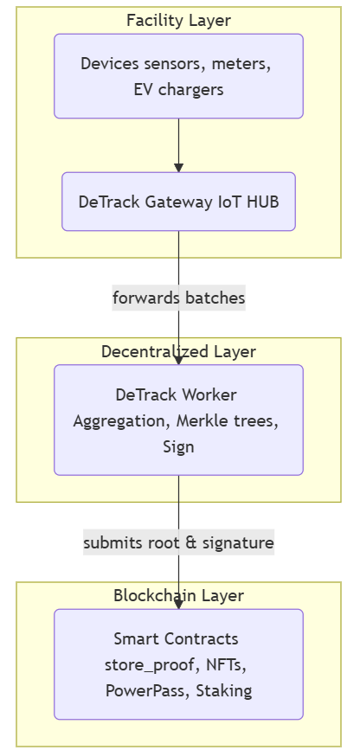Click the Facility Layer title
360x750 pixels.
178,21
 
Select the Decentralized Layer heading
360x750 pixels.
178,351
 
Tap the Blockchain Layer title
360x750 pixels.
178,595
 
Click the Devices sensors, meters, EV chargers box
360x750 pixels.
178,76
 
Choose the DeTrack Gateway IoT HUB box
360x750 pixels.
178,202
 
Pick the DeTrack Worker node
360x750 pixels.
178,420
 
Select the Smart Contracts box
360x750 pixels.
178,663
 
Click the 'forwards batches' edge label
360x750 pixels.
178,298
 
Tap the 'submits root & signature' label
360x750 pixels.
178,542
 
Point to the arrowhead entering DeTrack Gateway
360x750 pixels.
178,168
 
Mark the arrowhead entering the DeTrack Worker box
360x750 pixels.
178,360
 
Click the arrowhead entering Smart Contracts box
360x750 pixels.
178,605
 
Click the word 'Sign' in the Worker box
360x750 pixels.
178,446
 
